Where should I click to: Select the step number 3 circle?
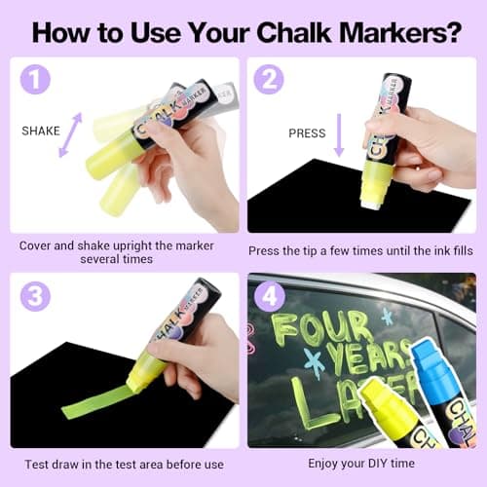34,295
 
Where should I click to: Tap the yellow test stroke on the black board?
97,400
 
